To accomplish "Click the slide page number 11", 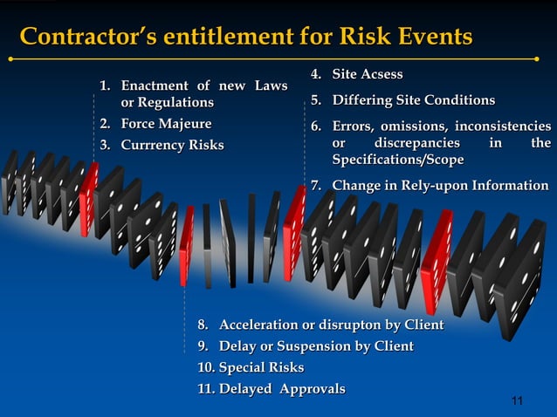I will pos(516,400).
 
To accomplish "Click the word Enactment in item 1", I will pos(155,86).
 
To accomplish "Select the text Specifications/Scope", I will pos(397,161).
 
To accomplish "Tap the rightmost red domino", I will pos(435,254).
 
